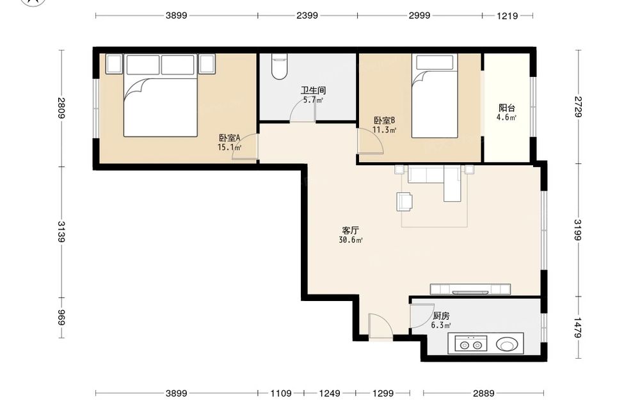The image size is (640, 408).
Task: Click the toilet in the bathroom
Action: click(279, 67)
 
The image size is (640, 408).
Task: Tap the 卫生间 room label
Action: click(313, 90)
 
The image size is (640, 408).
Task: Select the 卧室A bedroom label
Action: click(229, 138)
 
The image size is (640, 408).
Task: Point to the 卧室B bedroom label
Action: click(384, 121)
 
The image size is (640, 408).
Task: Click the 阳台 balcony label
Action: click(506, 108)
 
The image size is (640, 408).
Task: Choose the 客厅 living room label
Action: click(351, 231)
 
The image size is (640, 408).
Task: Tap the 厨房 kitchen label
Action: click(441, 316)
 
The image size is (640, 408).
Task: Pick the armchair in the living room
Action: click(404, 202)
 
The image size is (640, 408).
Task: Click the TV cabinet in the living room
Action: click(470, 289)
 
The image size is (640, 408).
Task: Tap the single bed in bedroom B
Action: click(435, 96)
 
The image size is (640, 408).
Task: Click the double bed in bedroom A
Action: click(161, 95)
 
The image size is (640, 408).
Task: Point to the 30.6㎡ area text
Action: click(351, 240)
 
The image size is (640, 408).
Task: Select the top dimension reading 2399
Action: click(307, 15)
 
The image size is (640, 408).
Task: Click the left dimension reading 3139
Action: click(61, 232)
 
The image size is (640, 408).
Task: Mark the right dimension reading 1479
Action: click(577, 327)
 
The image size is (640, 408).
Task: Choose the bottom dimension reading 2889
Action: click(484, 393)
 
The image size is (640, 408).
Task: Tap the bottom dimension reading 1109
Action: click(281, 393)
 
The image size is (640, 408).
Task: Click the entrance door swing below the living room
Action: click(380, 326)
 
